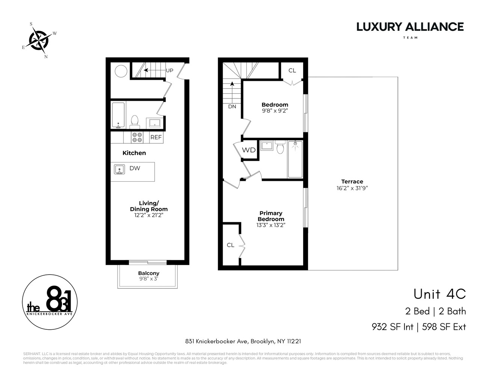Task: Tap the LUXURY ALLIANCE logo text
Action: pos(410,27)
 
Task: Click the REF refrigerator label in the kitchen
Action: pos(156,138)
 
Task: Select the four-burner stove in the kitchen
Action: pos(137,138)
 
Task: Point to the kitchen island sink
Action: pos(119,170)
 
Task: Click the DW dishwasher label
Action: pos(135,168)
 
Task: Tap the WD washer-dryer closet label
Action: pos(249,150)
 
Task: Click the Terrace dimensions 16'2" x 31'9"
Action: pos(352,188)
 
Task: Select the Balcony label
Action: pos(149,273)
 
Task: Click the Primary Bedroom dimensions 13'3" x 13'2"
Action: pos(271,225)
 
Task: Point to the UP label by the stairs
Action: pos(170,70)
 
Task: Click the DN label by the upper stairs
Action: pos(232,106)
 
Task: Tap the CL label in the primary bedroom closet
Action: pos(231,245)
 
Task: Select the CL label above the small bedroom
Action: pos(292,70)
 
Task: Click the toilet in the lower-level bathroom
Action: pos(134,121)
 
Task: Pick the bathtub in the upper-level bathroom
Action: pos(295,159)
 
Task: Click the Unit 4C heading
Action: pos(439,294)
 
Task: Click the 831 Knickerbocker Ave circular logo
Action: pos(50,303)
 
